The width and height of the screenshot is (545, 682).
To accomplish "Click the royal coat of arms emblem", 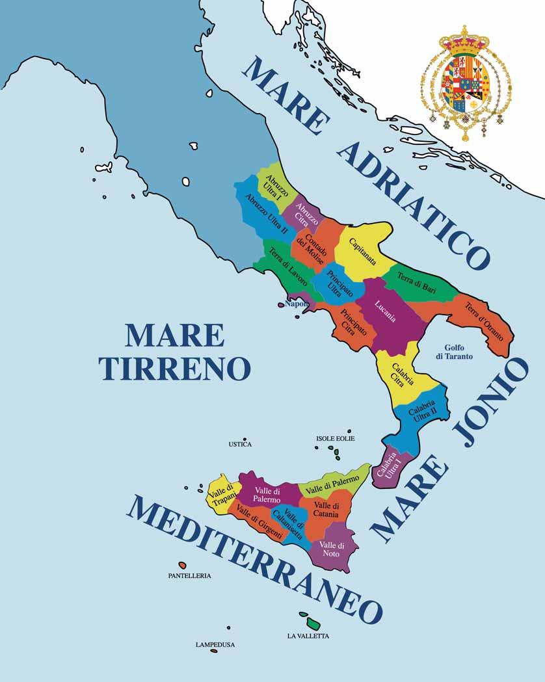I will point(466,85).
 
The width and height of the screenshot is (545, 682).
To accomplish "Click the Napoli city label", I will point(297,304).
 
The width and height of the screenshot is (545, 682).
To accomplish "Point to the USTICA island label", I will point(240,445).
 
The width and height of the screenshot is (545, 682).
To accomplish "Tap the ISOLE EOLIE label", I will point(334,439).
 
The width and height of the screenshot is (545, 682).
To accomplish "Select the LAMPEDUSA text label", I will point(215,645).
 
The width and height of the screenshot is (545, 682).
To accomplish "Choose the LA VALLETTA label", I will point(308,636).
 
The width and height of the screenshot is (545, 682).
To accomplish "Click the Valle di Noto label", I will point(332,549).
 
